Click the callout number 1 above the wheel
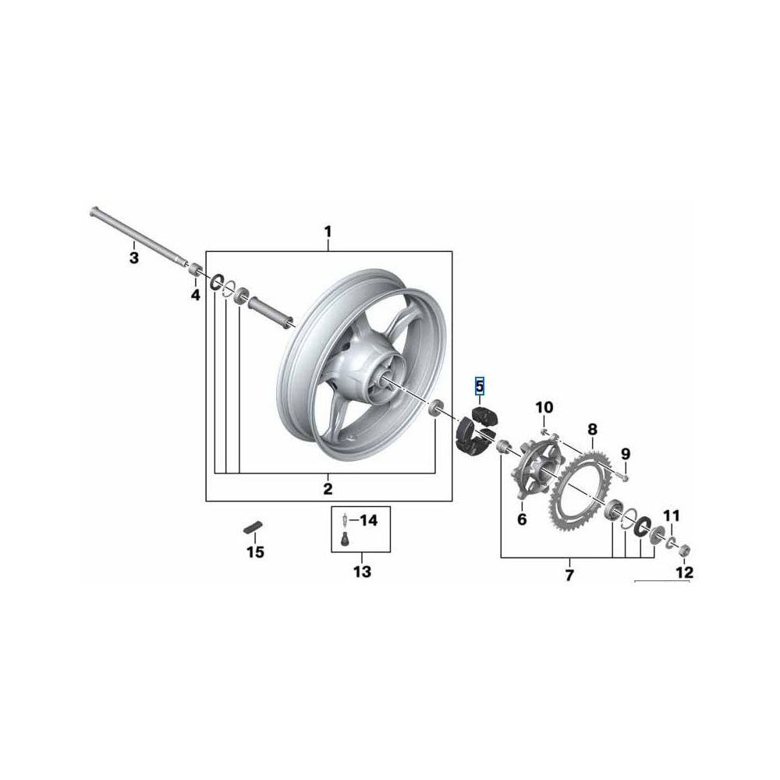328,232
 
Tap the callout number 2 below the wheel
328,488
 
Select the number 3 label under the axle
134,258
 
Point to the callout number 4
196,295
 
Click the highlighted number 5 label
480,385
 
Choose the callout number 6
522,519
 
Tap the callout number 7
569,575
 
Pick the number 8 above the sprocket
592,429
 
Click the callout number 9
626,454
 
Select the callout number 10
544,407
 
